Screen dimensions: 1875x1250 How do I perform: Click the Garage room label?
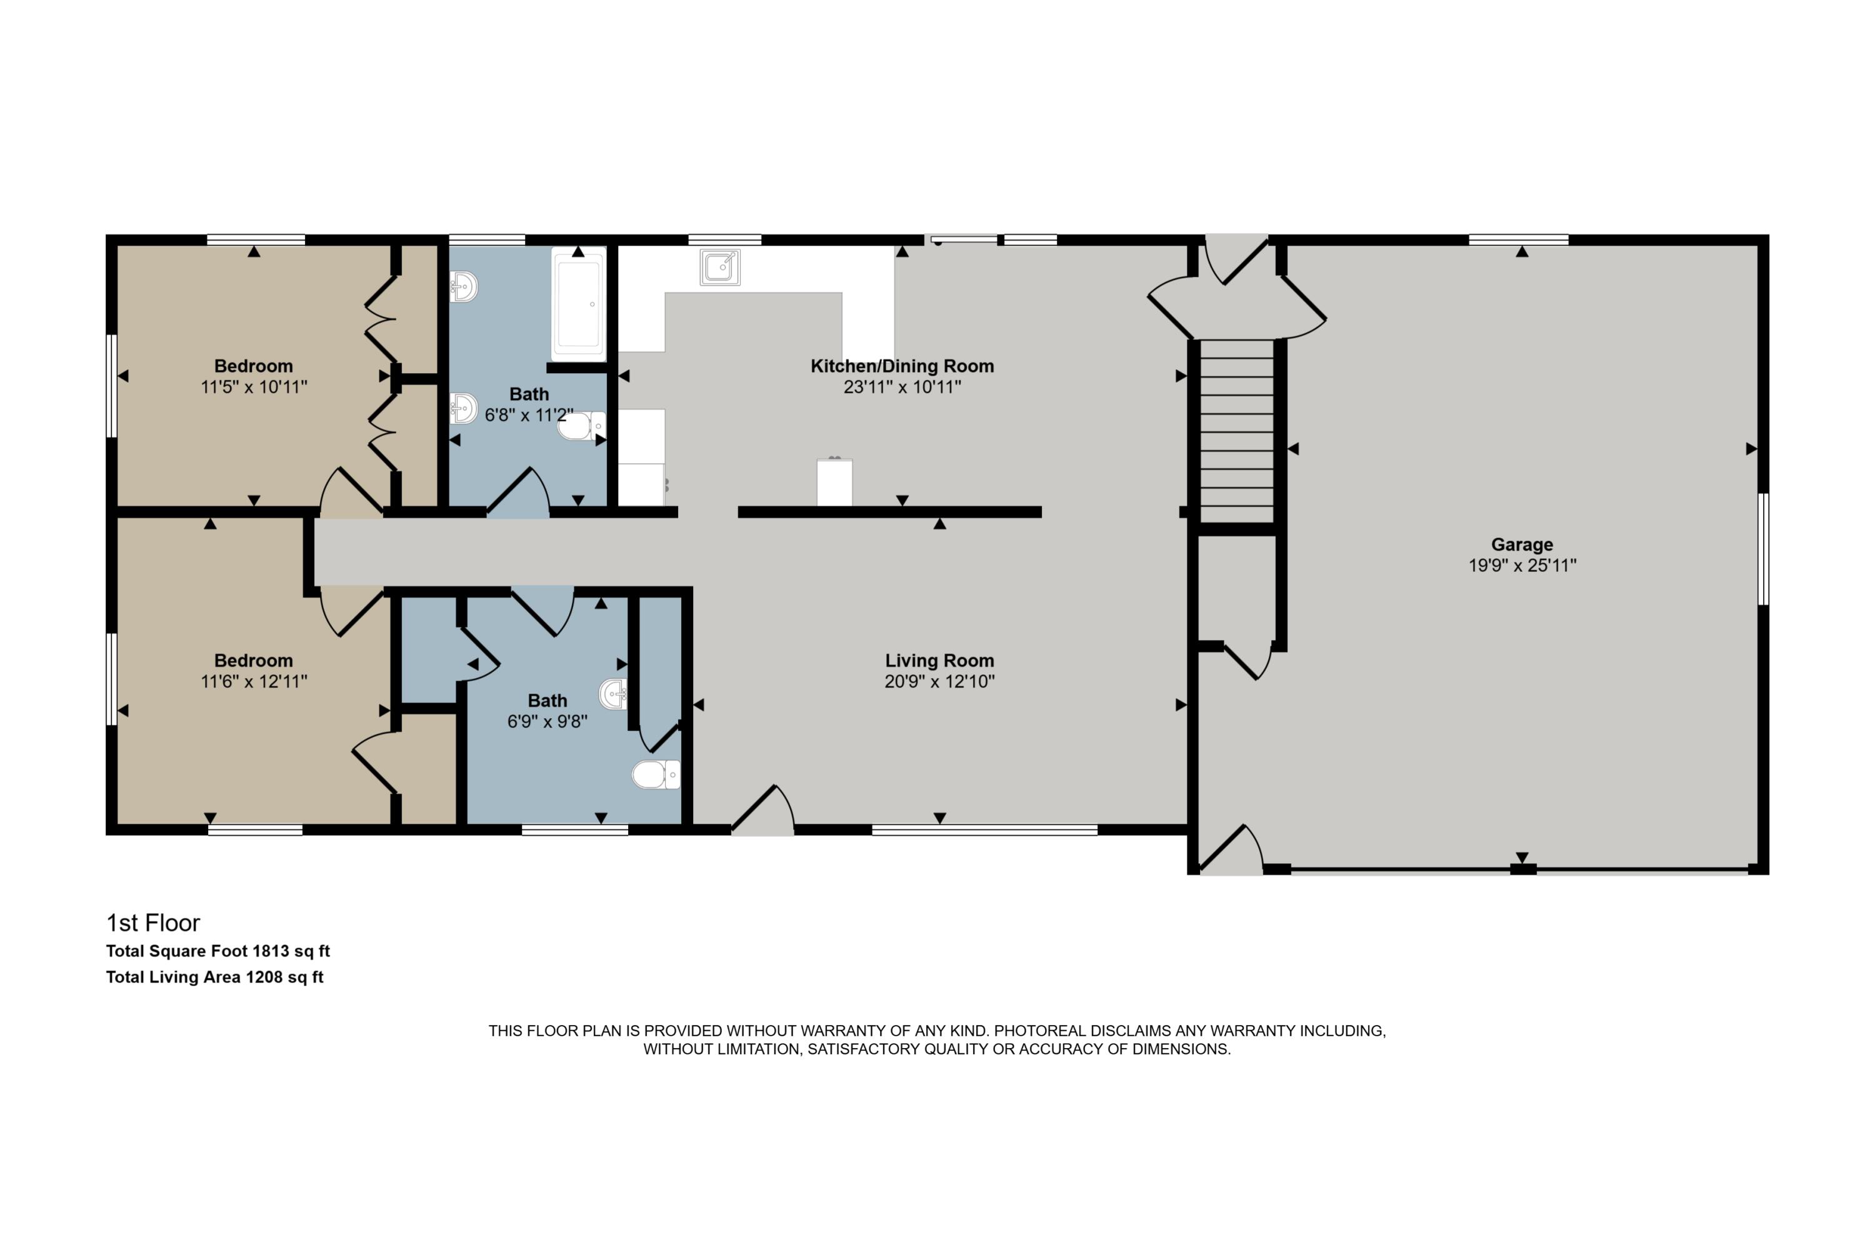point(1522,544)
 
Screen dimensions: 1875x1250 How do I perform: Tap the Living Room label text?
point(939,661)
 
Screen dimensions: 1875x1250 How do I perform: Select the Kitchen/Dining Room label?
point(902,366)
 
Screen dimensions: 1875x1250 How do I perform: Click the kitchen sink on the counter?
point(720,266)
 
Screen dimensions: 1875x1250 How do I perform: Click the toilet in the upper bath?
point(581,426)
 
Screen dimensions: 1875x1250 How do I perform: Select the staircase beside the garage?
point(1236,431)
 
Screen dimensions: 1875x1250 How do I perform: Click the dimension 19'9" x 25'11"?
point(1522,565)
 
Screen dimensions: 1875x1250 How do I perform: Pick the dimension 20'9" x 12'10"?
point(939,682)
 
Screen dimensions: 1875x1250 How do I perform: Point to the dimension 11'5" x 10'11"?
point(254,387)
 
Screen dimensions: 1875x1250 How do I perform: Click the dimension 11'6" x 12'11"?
point(254,682)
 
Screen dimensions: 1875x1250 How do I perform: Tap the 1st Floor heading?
point(153,923)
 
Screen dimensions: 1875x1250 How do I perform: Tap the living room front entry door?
point(763,811)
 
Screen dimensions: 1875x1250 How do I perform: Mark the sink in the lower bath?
point(612,694)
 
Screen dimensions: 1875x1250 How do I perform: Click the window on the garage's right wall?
point(1763,549)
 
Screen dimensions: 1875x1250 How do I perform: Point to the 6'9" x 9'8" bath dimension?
point(547,721)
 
